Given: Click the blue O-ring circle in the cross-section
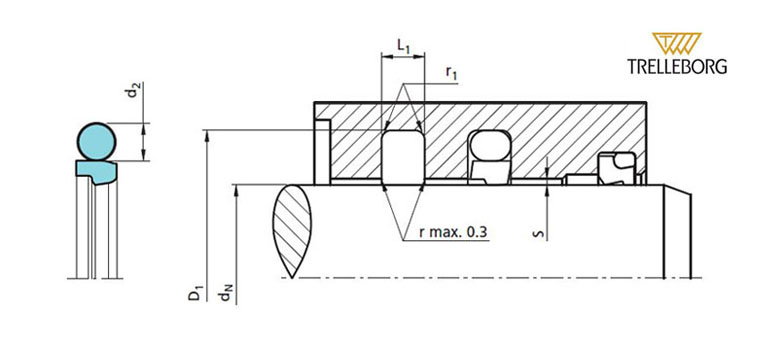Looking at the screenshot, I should (x=96, y=141).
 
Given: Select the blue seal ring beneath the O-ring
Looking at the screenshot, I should (x=96, y=171).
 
